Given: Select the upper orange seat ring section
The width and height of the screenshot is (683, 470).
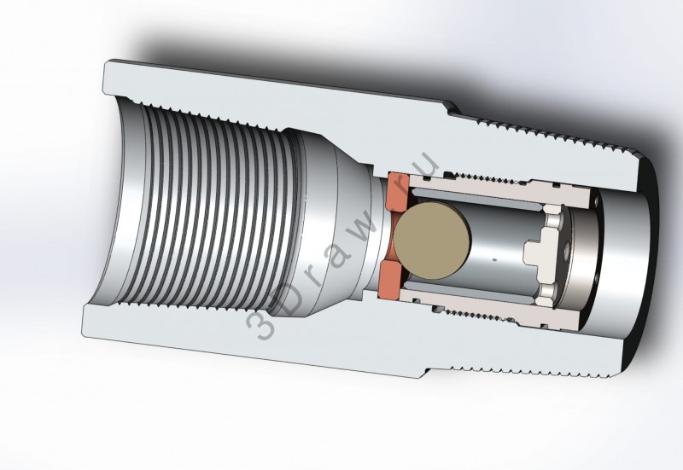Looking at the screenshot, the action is tap(397, 191).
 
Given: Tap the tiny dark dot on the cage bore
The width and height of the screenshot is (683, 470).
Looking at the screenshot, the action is tap(493, 260).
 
